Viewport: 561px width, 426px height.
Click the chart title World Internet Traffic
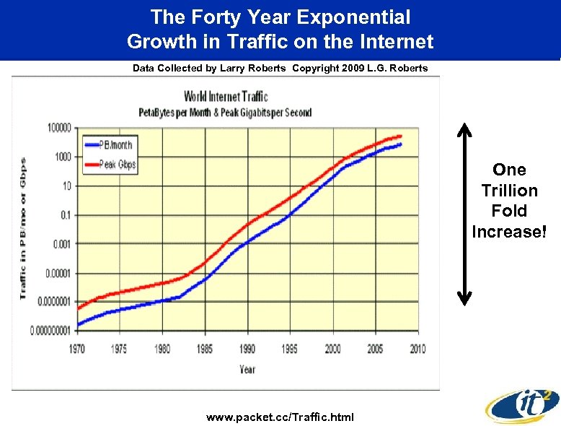(x=226, y=96)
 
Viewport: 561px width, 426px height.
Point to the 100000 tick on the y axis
(x=58, y=128)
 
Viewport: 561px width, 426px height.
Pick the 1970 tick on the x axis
(x=76, y=349)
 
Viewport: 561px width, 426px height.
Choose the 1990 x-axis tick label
(x=247, y=349)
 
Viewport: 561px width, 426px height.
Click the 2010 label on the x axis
(x=417, y=349)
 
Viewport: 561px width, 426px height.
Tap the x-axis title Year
(x=247, y=369)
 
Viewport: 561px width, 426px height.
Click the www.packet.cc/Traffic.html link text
(x=280, y=417)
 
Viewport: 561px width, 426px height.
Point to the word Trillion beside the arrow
(x=509, y=191)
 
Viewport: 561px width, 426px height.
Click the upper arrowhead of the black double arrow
(x=465, y=130)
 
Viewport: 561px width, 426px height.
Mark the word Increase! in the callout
(x=509, y=232)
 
